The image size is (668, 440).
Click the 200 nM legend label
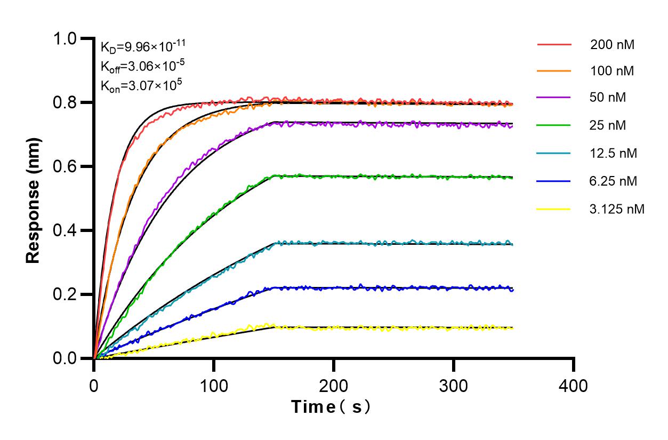pyautogui.click(x=612, y=45)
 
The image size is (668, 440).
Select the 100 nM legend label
pyautogui.click(x=612, y=71)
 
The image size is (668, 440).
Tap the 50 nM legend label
pyautogui.click(x=608, y=98)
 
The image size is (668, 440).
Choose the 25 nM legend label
pyautogui.click(x=608, y=126)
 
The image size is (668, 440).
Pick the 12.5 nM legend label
pyautogui.click(x=613, y=154)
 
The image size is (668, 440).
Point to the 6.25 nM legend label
pyautogui.click(x=613, y=181)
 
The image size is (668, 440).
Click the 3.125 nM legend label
pyautogui.click(x=617, y=209)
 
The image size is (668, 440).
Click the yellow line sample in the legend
pyautogui.click(x=553, y=209)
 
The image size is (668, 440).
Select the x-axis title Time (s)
pyautogui.click(x=331, y=407)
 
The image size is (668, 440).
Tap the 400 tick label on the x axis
pyautogui.click(x=574, y=385)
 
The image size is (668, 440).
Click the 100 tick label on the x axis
pyautogui.click(x=214, y=385)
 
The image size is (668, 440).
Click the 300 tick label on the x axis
pyautogui.click(x=454, y=385)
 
